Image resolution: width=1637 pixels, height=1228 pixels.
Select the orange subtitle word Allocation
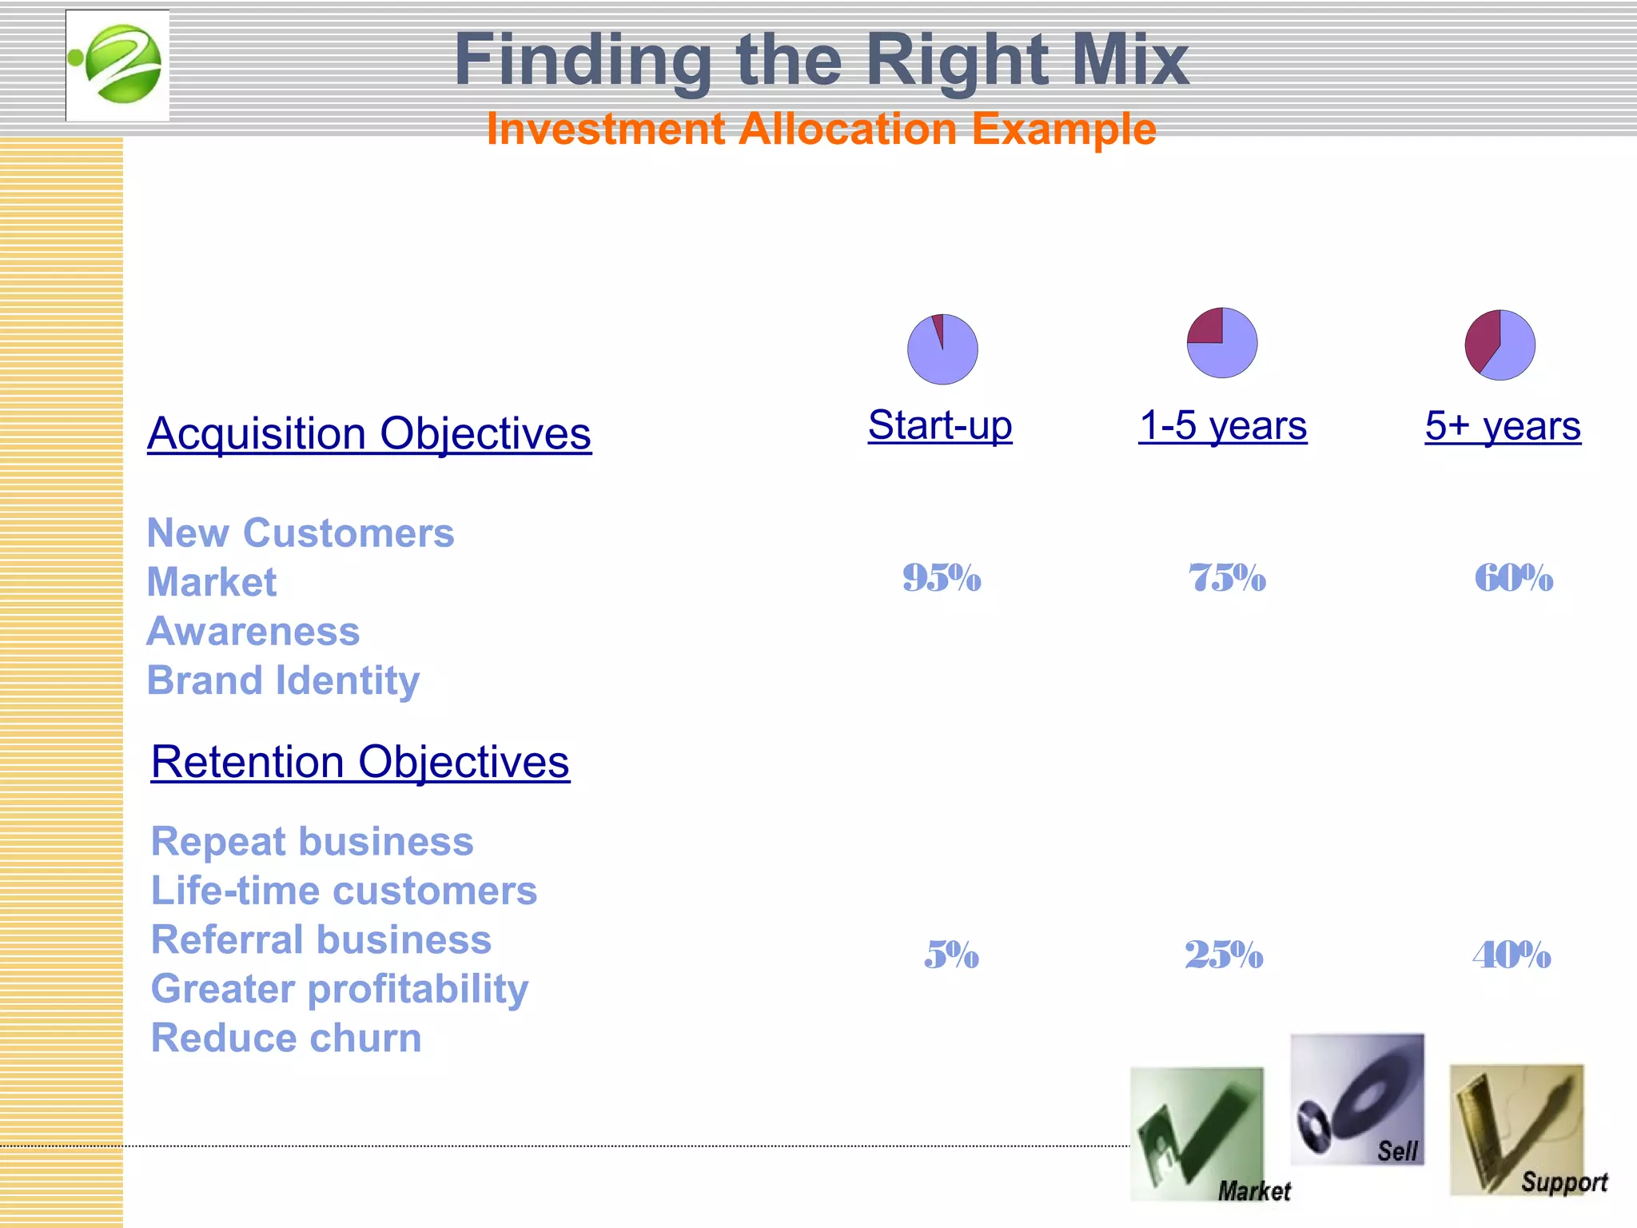pyautogui.click(x=847, y=130)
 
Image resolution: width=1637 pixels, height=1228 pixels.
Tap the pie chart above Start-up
pyautogui.click(x=942, y=349)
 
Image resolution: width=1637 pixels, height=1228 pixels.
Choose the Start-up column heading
pyautogui.click(x=940, y=425)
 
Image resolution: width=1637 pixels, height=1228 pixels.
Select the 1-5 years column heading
pyautogui.click(x=1223, y=425)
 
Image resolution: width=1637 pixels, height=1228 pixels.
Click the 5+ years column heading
pyautogui.click(x=1503, y=426)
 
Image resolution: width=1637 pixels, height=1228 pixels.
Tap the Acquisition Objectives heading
pyautogui.click(x=369, y=434)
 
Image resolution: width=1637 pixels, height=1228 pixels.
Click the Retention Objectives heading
pyautogui.click(x=360, y=762)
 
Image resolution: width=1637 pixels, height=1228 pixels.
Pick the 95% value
pyautogui.click(x=942, y=578)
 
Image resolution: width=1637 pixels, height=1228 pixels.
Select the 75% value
pyautogui.click(x=1227, y=578)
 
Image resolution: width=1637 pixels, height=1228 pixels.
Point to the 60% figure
pyautogui.click(x=1513, y=578)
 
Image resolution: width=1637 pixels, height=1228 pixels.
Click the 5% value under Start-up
pyautogui.click(x=951, y=955)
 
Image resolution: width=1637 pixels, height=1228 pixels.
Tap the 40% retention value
pyautogui.click(x=1512, y=955)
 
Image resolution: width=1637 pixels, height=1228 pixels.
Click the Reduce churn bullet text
pyautogui.click(x=286, y=1039)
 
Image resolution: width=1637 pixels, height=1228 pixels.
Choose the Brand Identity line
pyautogui.click(x=283, y=681)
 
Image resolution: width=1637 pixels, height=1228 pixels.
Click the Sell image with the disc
pyautogui.click(x=1356, y=1099)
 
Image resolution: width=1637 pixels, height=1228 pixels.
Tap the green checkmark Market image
pyautogui.click(x=1197, y=1134)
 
